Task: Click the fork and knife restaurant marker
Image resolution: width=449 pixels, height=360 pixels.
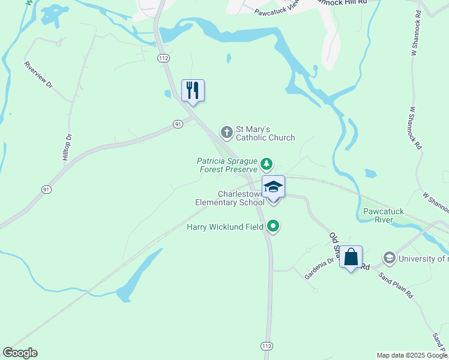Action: click(x=193, y=91)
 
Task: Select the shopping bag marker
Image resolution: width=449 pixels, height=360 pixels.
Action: click(x=351, y=257)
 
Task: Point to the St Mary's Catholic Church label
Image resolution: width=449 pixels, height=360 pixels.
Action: click(x=265, y=133)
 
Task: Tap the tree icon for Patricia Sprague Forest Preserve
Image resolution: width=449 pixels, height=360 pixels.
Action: click(x=267, y=164)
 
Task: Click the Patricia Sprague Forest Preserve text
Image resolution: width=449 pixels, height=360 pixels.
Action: click(x=228, y=165)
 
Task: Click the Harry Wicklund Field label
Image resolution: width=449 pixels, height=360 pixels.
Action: click(x=226, y=227)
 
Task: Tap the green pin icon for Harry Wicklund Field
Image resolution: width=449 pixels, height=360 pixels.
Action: click(x=274, y=226)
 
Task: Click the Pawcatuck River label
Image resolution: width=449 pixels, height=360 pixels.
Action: click(x=386, y=215)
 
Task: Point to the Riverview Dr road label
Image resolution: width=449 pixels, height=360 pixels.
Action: click(x=39, y=75)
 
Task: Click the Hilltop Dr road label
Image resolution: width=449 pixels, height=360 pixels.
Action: click(x=67, y=146)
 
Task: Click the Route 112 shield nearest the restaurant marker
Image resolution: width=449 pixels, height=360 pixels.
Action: click(x=163, y=58)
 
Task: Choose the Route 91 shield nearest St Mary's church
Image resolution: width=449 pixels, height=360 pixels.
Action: click(x=178, y=124)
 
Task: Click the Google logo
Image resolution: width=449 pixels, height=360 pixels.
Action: click(x=20, y=353)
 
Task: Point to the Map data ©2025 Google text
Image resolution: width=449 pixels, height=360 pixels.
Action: click(x=411, y=355)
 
